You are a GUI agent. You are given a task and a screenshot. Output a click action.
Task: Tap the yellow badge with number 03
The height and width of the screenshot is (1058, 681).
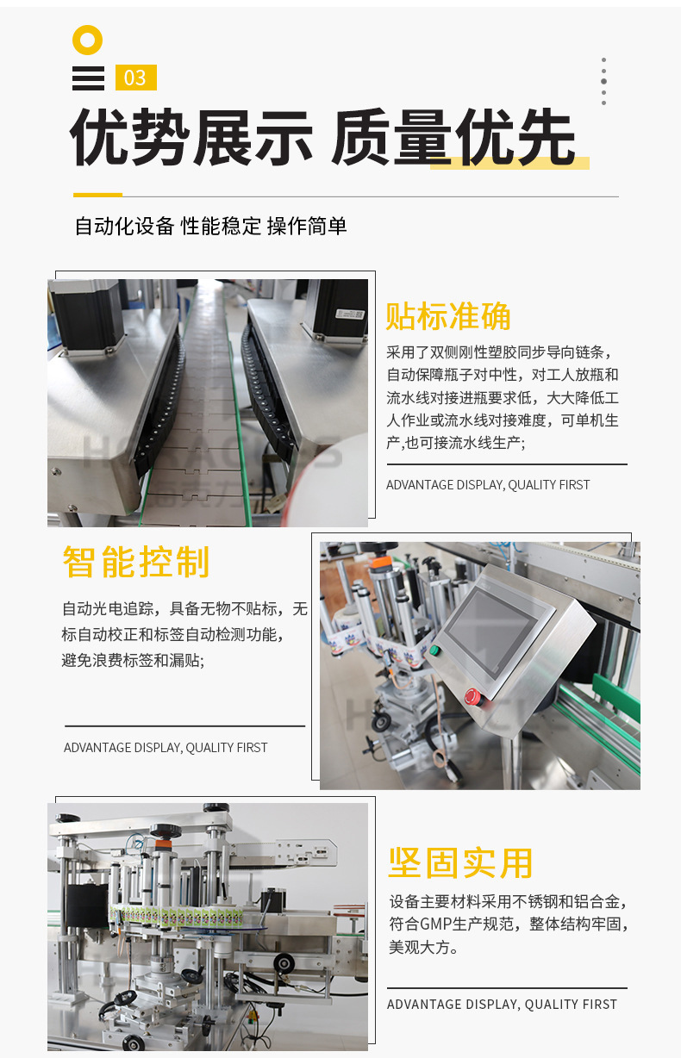[136, 78]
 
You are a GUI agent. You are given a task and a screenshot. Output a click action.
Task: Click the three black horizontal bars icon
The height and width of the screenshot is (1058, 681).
[89, 78]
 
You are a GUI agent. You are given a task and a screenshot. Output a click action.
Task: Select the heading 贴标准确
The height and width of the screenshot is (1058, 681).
[448, 316]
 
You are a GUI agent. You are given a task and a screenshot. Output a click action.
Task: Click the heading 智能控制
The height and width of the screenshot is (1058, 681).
[136, 562]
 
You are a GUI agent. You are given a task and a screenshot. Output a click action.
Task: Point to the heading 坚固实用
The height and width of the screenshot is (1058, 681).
[460, 862]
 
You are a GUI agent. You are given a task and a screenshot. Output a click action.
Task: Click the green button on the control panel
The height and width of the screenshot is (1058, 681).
[434, 650]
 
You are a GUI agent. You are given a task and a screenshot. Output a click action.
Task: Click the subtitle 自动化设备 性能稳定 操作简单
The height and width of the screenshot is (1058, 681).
[211, 226]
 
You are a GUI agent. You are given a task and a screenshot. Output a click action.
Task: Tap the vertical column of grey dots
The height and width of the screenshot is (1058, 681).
[603, 81]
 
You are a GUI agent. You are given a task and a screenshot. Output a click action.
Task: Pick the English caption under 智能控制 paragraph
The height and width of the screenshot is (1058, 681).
[166, 748]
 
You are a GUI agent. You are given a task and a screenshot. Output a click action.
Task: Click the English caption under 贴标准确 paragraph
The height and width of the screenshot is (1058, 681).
[488, 485]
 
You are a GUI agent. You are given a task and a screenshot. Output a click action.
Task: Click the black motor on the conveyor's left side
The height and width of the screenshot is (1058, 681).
[87, 316]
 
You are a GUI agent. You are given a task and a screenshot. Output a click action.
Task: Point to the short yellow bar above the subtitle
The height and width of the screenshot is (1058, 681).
[97, 195]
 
